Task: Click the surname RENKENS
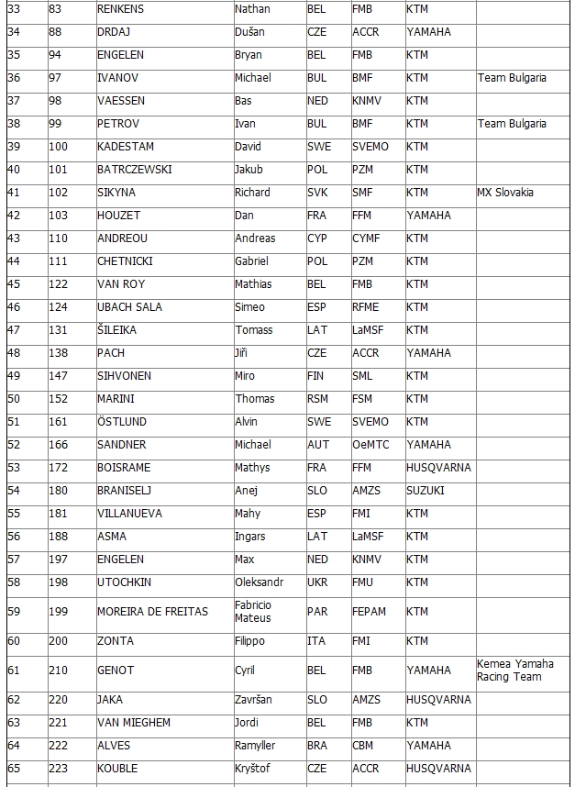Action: tap(120, 9)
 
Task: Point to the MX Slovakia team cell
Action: tap(505, 193)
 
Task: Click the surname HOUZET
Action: tap(119, 216)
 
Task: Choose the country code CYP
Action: tap(316, 238)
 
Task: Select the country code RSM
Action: tap(317, 399)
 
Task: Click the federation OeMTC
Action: tap(370, 445)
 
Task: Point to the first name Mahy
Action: tap(248, 514)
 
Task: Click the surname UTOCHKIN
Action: tap(124, 582)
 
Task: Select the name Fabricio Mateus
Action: tap(253, 612)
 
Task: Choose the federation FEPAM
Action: tap(369, 612)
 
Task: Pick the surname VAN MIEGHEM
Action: tap(133, 723)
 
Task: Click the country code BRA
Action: tap(317, 746)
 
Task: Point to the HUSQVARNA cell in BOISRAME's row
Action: tap(438, 468)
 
